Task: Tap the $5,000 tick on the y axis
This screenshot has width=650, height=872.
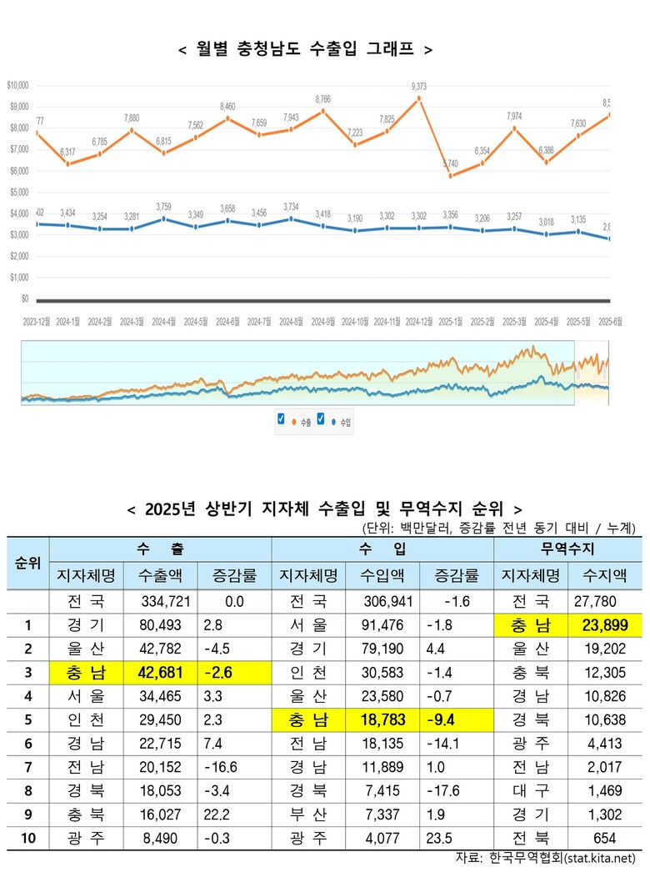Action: (x=17, y=192)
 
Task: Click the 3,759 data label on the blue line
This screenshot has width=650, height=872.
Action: (x=164, y=208)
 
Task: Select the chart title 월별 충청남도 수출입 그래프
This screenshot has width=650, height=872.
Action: (x=306, y=49)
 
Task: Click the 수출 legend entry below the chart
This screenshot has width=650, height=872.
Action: (x=302, y=423)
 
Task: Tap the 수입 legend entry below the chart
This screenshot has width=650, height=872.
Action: (x=342, y=423)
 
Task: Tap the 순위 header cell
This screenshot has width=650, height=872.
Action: (x=28, y=563)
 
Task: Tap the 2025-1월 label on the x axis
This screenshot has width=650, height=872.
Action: (x=451, y=321)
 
